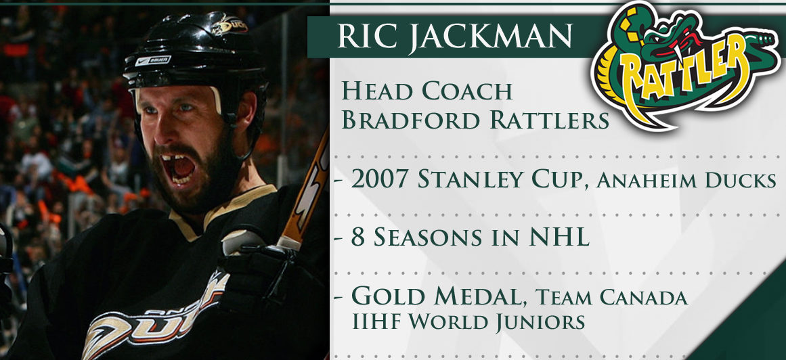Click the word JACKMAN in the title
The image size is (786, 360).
coord(491,36)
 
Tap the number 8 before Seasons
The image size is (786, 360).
coord(358,238)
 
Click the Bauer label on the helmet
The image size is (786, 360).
coord(152,61)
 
